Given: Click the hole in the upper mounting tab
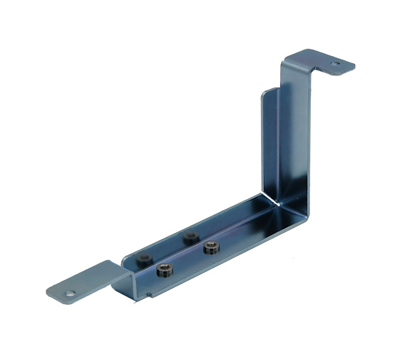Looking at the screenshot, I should [x=334, y=62].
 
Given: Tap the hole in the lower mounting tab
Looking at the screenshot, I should [x=71, y=294].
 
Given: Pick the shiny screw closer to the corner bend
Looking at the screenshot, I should [x=211, y=246].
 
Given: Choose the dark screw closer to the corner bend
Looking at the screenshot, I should [x=191, y=236].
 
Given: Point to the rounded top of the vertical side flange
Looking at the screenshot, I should [x=269, y=91].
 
